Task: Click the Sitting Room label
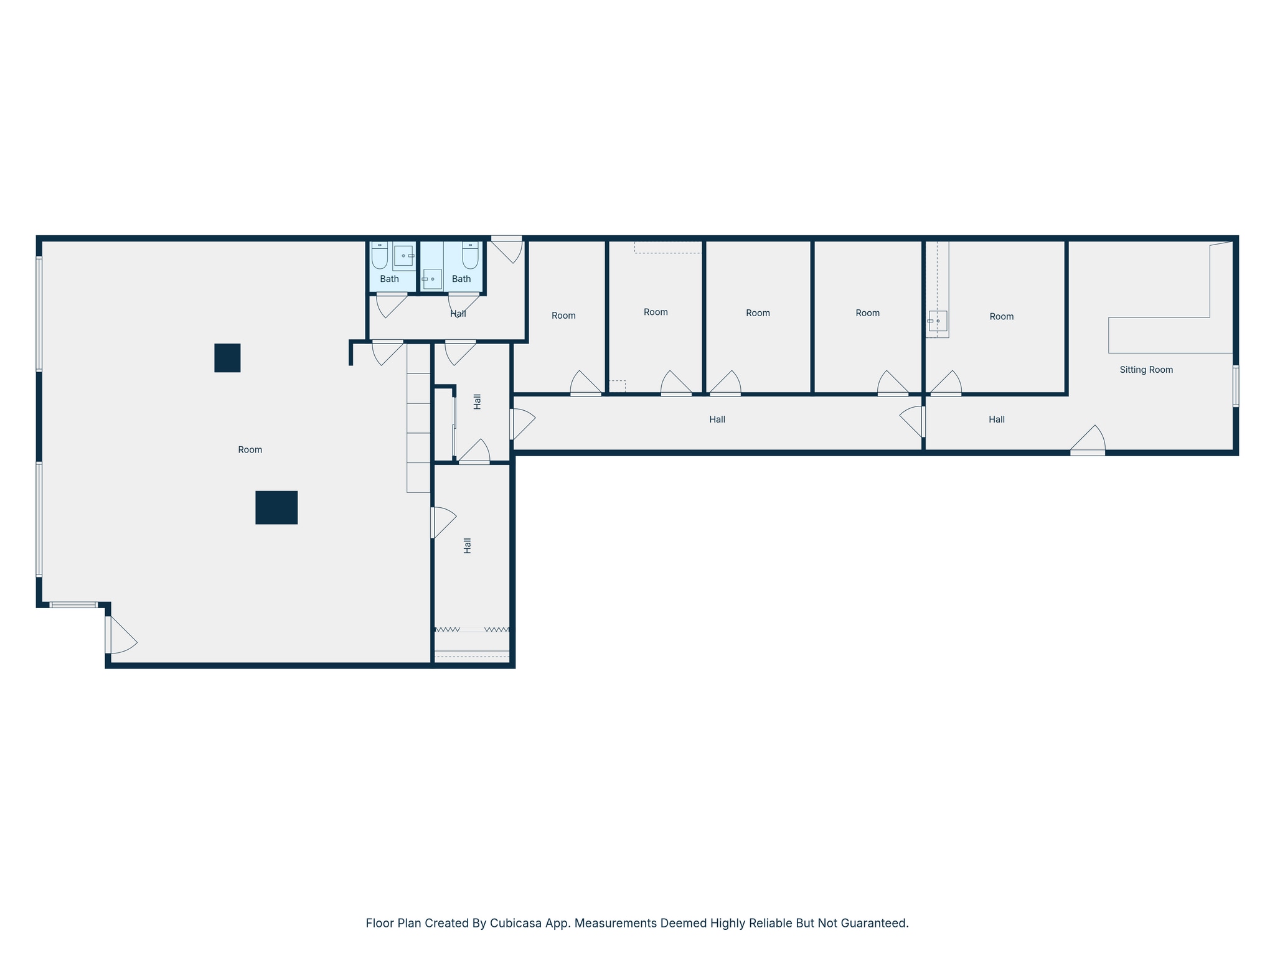click(1146, 370)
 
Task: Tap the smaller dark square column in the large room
click(227, 358)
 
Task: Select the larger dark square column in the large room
click(276, 507)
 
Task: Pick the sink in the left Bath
click(403, 256)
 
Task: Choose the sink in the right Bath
click(432, 279)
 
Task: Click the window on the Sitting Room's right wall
click(1236, 386)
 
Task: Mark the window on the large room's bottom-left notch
click(73, 605)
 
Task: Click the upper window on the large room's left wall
click(39, 314)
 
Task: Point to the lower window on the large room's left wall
click(39, 519)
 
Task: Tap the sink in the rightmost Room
click(938, 321)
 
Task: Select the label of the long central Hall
click(717, 419)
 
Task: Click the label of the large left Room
click(250, 449)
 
